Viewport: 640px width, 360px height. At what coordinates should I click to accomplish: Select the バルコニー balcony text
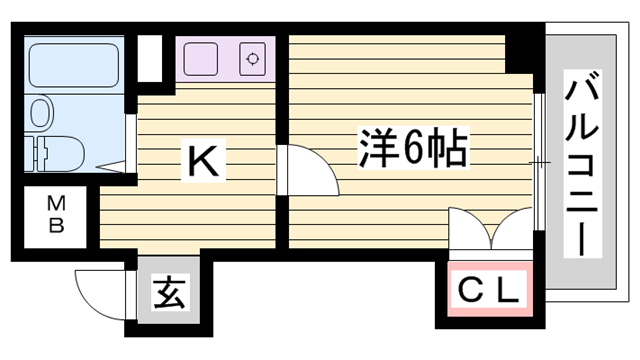tap(582, 165)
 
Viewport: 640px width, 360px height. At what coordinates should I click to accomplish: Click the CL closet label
tap(490, 291)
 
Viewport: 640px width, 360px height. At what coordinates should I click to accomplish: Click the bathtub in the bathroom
tap(74, 64)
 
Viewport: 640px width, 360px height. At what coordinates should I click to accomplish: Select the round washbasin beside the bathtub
tap(42, 112)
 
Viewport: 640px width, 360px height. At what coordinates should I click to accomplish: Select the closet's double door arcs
tap(490, 230)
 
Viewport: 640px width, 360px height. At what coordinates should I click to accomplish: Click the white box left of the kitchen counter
tap(150, 57)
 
